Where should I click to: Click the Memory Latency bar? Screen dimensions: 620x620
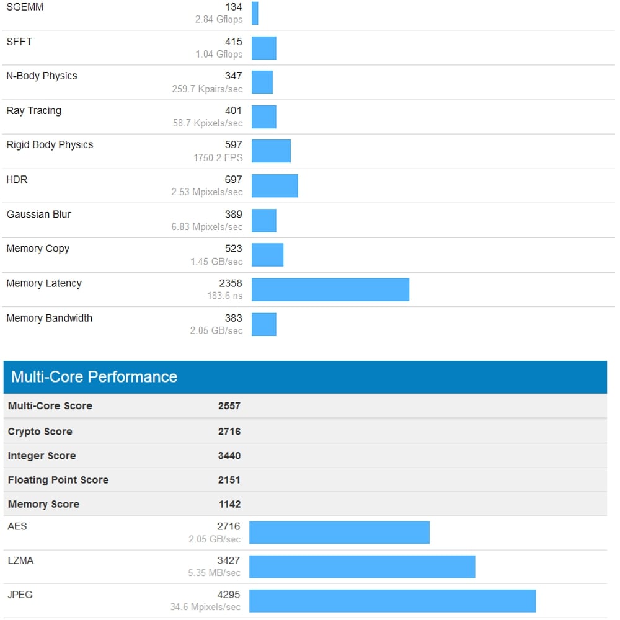[330, 290]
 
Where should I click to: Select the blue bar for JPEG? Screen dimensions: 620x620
[392, 601]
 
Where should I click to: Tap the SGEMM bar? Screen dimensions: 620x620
[255, 13]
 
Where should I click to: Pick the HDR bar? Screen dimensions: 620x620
[275, 186]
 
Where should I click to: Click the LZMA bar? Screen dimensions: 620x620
[362, 567]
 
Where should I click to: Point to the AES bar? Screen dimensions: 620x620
[339, 533]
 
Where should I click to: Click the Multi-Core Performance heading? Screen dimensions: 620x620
[94, 377]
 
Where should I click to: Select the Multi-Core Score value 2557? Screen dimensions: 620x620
[229, 406]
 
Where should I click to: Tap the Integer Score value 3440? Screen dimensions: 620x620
[229, 456]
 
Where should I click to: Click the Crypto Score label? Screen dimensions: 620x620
[40, 432]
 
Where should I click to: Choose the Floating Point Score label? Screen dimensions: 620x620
[58, 480]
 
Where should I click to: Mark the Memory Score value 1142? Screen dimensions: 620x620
[229, 504]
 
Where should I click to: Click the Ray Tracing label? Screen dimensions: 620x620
[33, 111]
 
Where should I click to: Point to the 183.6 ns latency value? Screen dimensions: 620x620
[224, 296]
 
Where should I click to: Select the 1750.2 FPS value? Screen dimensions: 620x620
[218, 158]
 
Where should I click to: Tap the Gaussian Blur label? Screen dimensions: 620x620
[38, 215]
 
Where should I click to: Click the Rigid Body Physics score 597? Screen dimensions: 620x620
[233, 145]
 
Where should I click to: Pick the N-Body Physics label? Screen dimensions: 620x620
[42, 76]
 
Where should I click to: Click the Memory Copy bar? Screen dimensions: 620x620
[267, 255]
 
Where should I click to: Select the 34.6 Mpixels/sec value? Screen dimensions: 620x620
[205, 607]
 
